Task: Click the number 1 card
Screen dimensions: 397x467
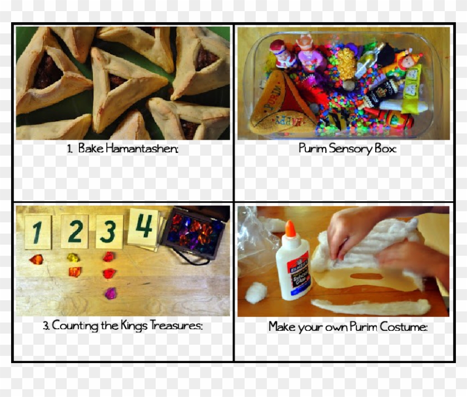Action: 38,232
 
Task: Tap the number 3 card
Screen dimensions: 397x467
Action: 109,231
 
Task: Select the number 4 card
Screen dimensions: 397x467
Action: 143,226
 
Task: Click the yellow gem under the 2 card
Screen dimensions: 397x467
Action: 73,257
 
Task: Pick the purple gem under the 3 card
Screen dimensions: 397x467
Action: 110,292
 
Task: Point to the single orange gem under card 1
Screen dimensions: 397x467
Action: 36,259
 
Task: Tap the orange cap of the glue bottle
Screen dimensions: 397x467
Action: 290,230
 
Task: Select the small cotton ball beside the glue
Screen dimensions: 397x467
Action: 256,292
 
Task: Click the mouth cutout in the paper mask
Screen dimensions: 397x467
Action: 366,276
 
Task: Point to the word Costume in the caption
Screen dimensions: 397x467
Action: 404,327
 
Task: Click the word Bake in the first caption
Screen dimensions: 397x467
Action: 90,149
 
